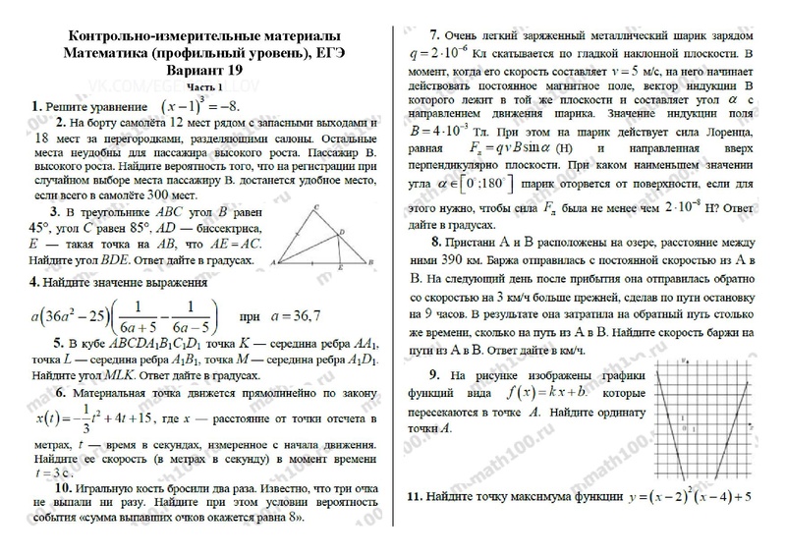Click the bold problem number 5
[45, 343]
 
